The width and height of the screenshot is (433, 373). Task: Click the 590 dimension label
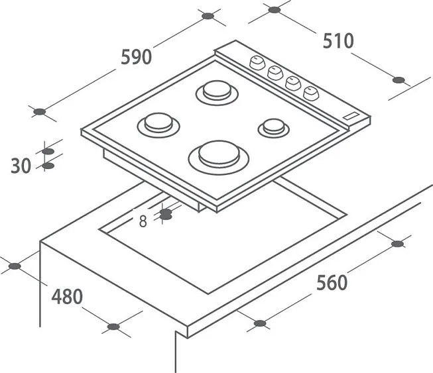coord(137,57)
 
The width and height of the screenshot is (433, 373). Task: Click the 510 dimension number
coord(338,41)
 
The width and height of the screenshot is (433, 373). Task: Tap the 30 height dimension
coord(21,166)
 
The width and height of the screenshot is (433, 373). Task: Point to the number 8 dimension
coord(143,221)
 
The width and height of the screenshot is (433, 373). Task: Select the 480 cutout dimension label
coord(67,297)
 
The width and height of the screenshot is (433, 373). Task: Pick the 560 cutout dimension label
coord(332,283)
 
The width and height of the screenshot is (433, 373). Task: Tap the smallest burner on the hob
coord(273,128)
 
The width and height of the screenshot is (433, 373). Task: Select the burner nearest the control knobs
coord(217,93)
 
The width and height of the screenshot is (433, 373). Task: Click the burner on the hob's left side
coord(158,125)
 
